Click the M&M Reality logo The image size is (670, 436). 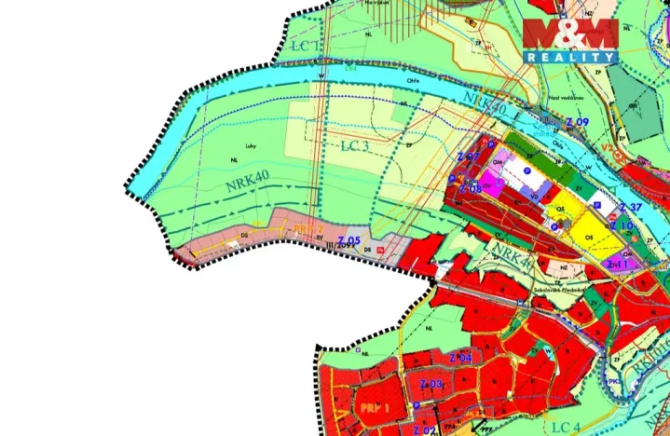coord(570,40)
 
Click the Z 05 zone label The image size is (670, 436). coord(349,242)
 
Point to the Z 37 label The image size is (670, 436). coord(631,207)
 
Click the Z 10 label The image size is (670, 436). coord(622,226)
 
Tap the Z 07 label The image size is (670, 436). coord(468,157)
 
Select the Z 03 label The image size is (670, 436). coord(431,384)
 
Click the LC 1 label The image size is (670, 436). coord(304,45)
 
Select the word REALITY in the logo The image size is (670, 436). coord(570,57)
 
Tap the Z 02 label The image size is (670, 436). coord(423,429)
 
